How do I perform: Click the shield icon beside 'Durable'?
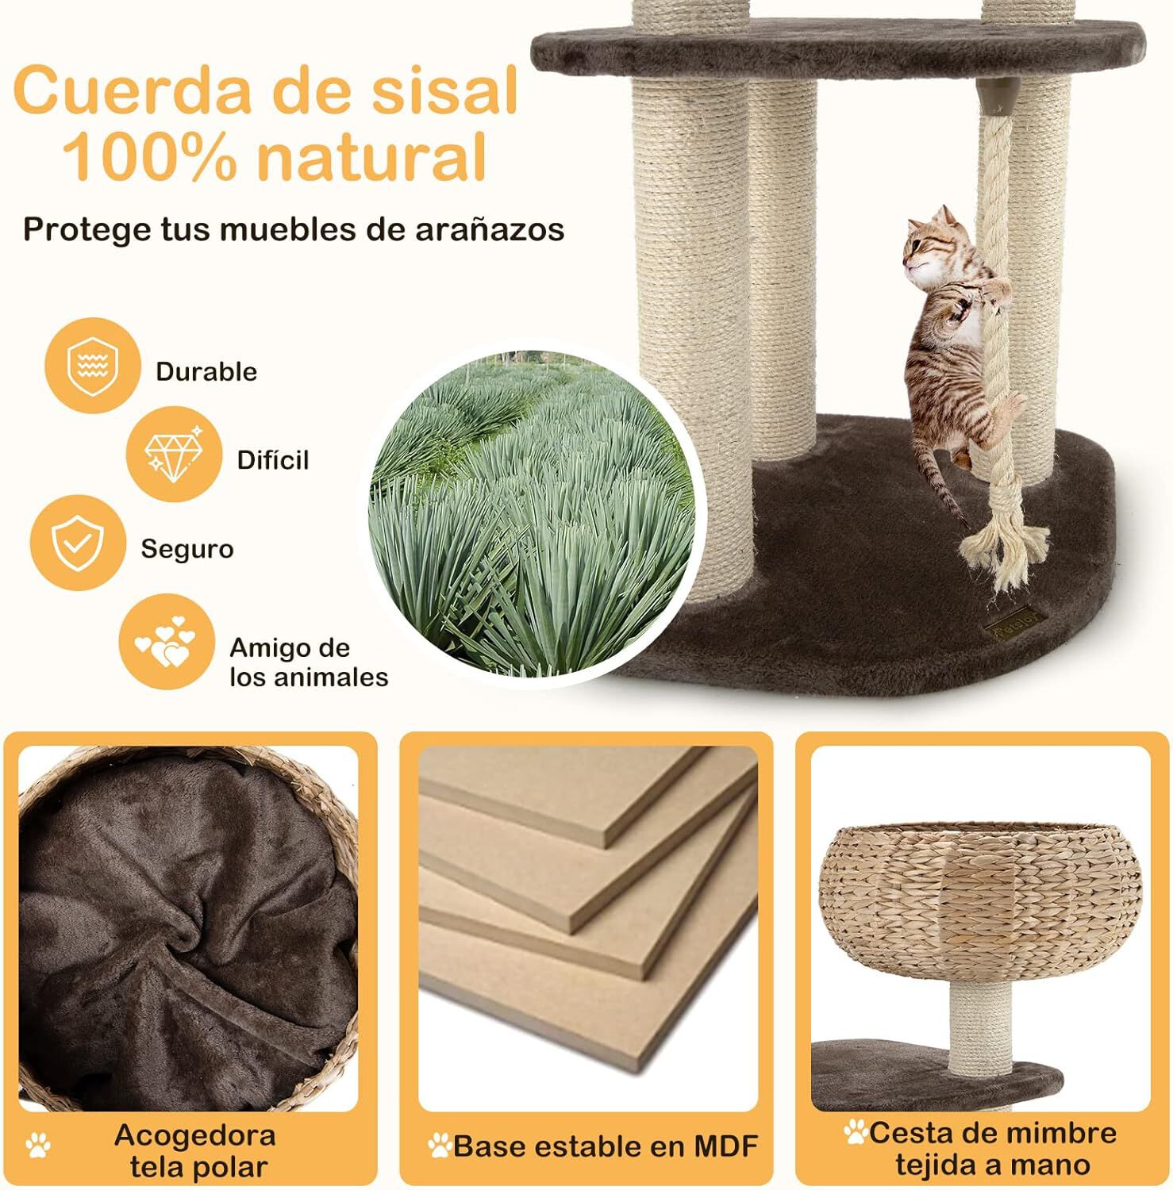tap(93, 366)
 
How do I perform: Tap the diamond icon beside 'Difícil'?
tap(174, 454)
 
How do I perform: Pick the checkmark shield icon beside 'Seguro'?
tap(78, 543)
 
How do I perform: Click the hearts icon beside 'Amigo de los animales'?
tap(167, 642)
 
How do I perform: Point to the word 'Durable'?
tap(206, 371)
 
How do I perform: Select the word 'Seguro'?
tap(187, 549)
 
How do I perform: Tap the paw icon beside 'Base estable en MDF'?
tap(439, 1145)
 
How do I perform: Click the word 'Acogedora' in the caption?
tap(195, 1135)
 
